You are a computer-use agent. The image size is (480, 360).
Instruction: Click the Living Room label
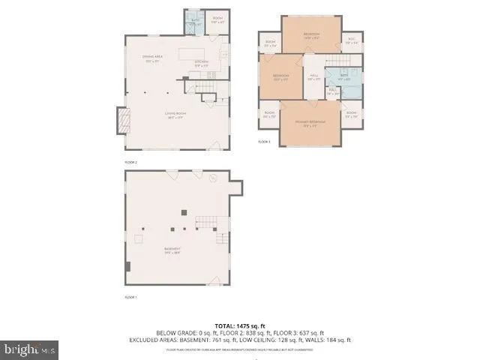(175, 115)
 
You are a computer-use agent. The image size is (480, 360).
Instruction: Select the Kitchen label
(202, 64)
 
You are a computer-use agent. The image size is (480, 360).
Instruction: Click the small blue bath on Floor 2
(193, 23)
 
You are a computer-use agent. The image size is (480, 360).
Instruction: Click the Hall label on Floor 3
(314, 77)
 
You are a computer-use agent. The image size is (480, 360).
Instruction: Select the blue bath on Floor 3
(344, 77)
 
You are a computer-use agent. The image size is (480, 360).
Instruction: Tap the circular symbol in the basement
(213, 178)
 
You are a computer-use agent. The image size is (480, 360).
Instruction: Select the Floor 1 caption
(130, 298)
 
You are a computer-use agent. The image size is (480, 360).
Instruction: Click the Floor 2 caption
(130, 161)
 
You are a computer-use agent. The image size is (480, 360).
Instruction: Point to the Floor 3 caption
(264, 141)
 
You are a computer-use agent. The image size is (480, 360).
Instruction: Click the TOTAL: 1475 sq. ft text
(240, 325)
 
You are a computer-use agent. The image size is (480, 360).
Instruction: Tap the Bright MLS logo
(30, 349)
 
